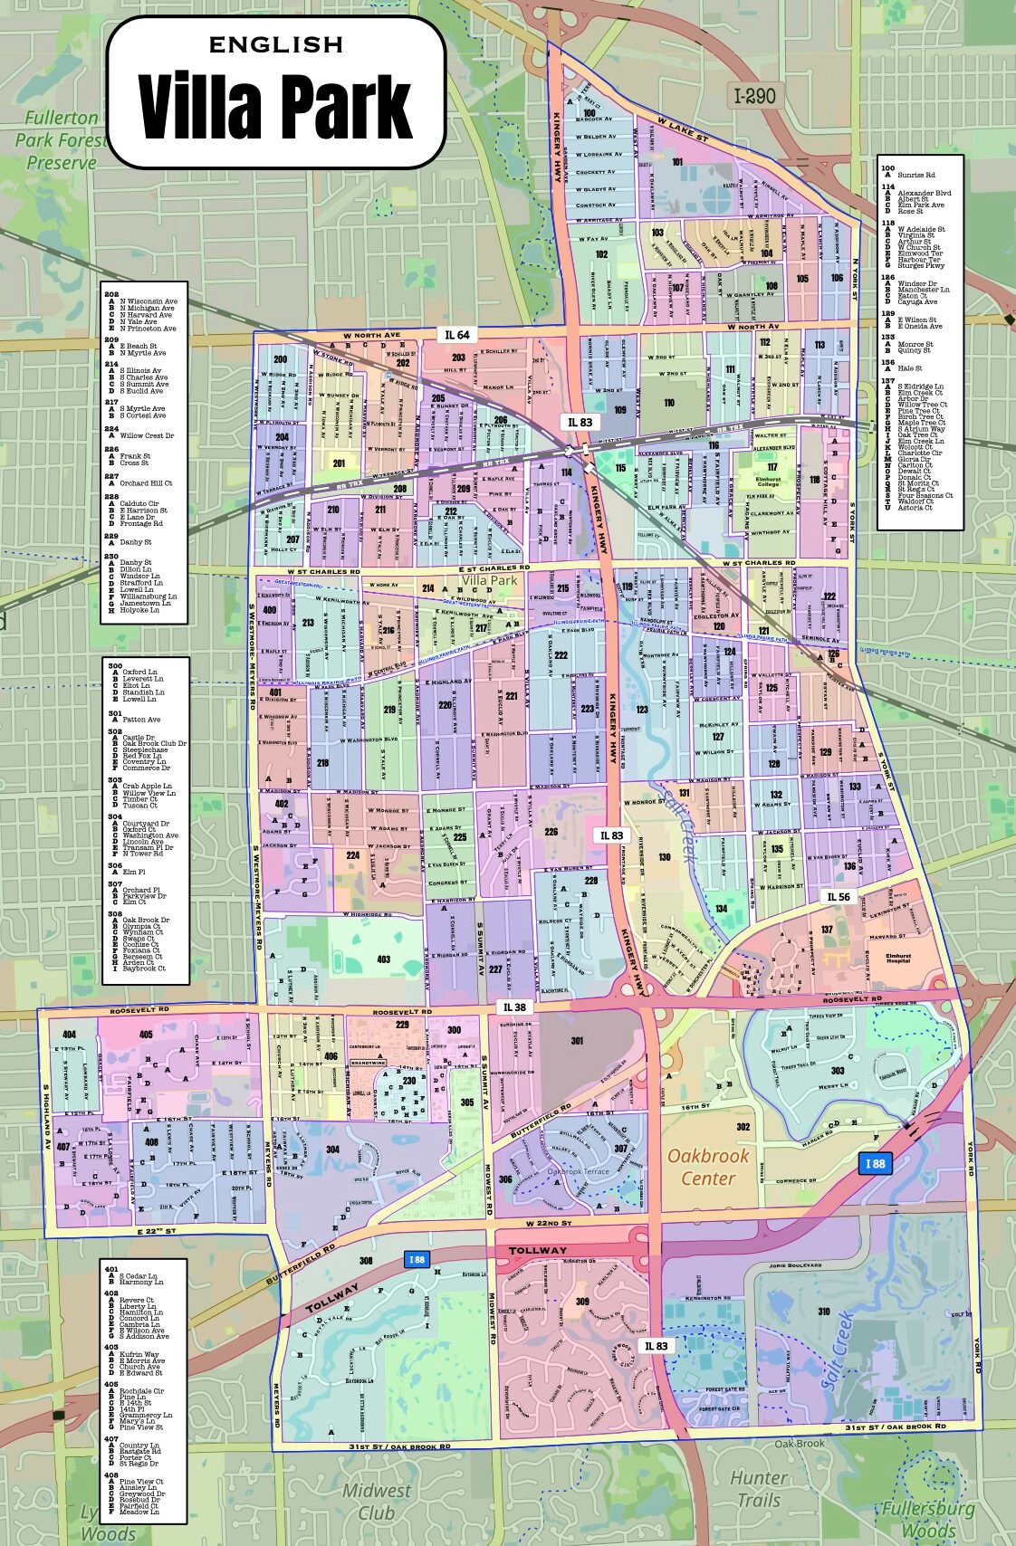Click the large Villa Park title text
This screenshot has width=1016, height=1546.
coord(276,106)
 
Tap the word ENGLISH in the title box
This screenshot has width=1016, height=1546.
coord(276,44)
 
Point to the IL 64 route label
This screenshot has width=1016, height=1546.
coord(457,335)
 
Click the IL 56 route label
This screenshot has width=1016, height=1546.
coord(839,897)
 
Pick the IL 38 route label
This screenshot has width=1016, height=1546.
coord(514,1007)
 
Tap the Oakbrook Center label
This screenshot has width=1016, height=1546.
coord(708,1167)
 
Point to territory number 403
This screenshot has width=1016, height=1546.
coord(384,959)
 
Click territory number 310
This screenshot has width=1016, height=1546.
coord(823,1311)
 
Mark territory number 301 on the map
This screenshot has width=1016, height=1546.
coord(577,1041)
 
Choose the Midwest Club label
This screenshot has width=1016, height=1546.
coord(376,1502)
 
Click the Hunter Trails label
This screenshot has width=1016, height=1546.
coord(759,1489)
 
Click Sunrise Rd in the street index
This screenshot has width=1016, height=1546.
coord(916,175)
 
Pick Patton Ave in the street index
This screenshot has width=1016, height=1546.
coord(141,720)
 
